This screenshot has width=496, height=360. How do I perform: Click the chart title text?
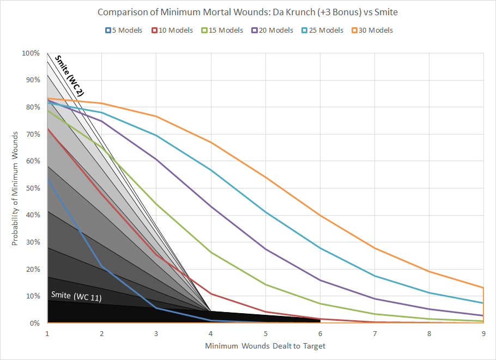point(248,12)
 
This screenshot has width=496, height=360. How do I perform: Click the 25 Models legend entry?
point(322,30)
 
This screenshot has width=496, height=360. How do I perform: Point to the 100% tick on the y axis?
point(31,53)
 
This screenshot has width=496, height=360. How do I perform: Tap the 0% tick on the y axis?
point(34,323)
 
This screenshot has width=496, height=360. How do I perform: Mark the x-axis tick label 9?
point(483,333)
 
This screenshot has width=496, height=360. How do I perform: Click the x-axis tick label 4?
point(211,333)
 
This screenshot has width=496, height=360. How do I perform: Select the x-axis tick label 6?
point(320,333)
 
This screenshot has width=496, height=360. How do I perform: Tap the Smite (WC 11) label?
point(76,295)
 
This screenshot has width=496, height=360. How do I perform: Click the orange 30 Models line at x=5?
point(265,177)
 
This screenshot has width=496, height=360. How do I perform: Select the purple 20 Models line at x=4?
point(211,206)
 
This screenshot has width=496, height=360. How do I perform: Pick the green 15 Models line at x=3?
point(156,204)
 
